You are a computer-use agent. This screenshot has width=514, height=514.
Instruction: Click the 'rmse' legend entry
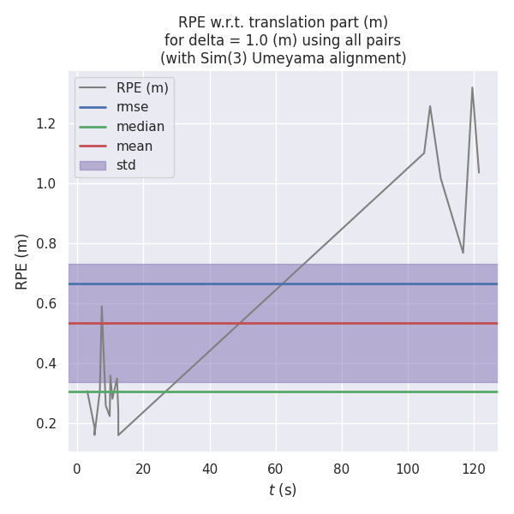tap(133, 107)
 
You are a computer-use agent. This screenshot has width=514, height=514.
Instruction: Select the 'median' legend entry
tap(140, 127)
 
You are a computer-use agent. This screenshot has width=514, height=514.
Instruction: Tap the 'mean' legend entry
tap(134, 146)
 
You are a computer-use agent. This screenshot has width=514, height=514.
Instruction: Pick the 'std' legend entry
tap(126, 165)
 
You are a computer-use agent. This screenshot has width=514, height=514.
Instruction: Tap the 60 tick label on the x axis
tap(275, 469)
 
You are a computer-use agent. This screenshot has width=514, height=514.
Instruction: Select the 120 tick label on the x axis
tap(474, 469)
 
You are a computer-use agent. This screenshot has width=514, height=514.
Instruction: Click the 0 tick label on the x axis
tap(77, 469)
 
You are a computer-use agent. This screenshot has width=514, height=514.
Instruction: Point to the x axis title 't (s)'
tap(283, 490)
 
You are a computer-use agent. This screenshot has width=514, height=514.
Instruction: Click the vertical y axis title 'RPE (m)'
tap(22, 261)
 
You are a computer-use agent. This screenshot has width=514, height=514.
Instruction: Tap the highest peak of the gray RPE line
tap(472, 87)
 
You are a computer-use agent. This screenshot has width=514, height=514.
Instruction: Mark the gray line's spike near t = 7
tap(101, 307)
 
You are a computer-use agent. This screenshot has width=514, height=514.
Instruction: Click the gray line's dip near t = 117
tap(463, 252)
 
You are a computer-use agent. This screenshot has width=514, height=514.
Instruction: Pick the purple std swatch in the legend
tap(93, 165)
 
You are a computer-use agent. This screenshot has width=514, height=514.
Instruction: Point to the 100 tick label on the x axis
tap(408, 469)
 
